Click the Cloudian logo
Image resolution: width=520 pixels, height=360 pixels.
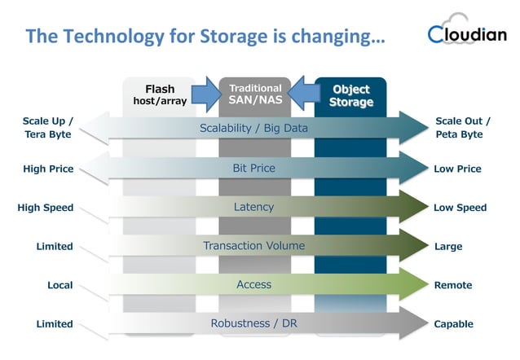tap(466, 34)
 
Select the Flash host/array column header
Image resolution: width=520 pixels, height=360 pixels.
tap(160, 94)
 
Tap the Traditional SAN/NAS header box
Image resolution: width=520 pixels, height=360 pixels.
tap(256, 94)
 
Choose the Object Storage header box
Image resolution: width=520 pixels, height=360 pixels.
tap(350, 94)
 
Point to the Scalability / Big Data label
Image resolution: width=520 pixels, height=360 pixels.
tap(253, 129)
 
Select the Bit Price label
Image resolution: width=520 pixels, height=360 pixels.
tap(253, 168)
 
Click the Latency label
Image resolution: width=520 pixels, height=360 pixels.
tap(253, 207)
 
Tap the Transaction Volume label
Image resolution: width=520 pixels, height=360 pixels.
tap(253, 245)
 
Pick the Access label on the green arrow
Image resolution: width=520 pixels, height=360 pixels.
tap(253, 284)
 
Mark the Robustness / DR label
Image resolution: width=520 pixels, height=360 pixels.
tap(253, 323)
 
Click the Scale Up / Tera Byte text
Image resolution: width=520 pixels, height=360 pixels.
tap(47, 128)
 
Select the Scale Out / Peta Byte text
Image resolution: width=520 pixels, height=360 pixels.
tap(463, 128)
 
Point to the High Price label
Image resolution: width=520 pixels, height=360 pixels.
tap(49, 169)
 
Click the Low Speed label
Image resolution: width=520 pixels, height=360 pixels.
tap(460, 208)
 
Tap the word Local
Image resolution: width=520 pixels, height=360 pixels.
tap(59, 285)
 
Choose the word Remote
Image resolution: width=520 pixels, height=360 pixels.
tap(454, 285)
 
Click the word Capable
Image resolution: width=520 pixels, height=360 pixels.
tap(454, 324)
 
